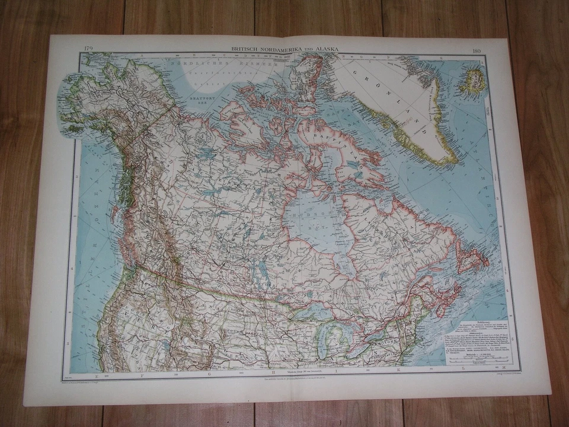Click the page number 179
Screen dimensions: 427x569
coord(87,47)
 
